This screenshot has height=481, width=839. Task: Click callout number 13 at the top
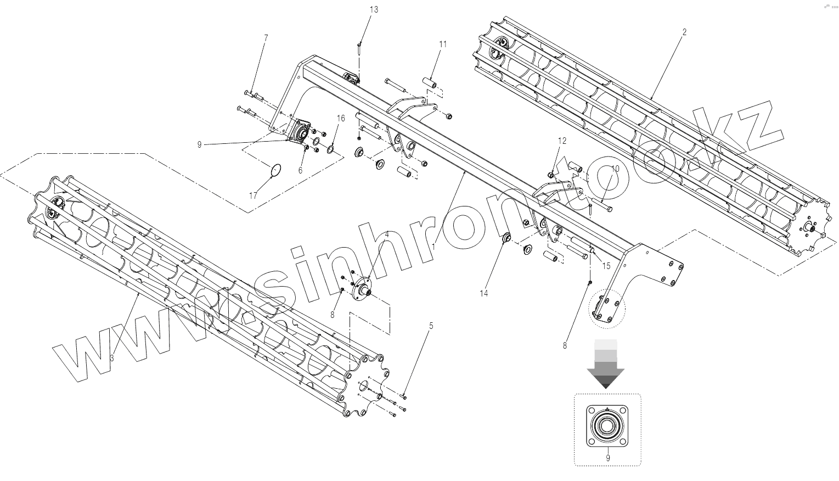click(x=374, y=10)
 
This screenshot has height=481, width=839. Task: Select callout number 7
click(x=266, y=38)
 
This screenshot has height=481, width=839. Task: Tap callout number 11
click(x=443, y=44)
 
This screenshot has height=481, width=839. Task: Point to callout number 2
click(x=684, y=32)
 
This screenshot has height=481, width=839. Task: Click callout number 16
click(x=341, y=118)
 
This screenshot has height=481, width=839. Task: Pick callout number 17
click(x=253, y=195)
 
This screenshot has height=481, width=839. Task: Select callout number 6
click(x=300, y=170)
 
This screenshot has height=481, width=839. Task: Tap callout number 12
click(x=562, y=141)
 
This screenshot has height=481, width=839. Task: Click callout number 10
click(x=615, y=169)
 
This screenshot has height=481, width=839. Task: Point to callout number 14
click(x=483, y=294)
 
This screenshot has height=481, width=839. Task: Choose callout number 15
click(x=606, y=266)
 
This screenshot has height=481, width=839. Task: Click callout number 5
click(x=431, y=326)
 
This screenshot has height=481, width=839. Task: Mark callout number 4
click(x=387, y=234)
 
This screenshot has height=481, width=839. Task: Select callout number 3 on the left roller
click(x=111, y=357)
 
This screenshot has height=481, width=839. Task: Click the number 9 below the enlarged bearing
click(x=607, y=457)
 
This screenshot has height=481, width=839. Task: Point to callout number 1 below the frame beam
click(x=433, y=247)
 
